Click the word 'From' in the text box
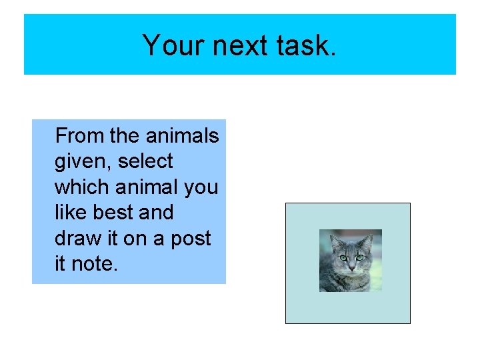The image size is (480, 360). (x=79, y=136)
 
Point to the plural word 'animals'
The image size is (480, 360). (x=182, y=136)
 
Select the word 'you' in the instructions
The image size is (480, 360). (x=201, y=188)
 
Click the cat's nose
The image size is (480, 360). (x=351, y=266)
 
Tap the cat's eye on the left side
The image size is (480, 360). (x=343, y=257)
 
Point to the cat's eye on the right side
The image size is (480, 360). (x=360, y=257)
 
